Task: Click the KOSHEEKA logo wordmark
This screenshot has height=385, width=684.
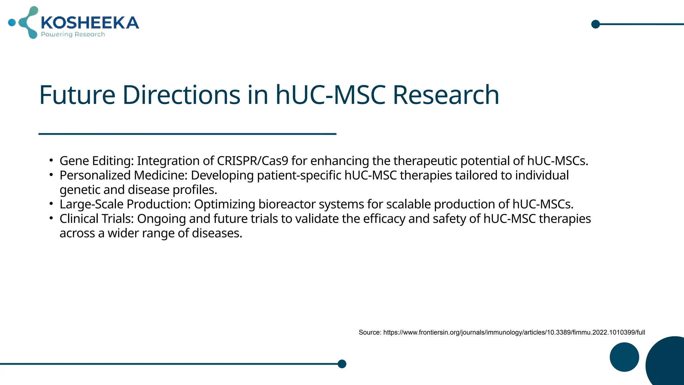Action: tap(90, 23)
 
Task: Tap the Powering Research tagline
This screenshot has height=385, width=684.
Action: tap(73, 34)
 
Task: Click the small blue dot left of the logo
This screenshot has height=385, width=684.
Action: tap(12, 23)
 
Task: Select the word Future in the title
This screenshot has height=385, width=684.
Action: tap(77, 95)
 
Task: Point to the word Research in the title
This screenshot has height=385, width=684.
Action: tap(446, 95)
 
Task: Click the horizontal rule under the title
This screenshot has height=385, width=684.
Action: tap(187, 134)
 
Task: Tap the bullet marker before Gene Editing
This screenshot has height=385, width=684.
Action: tap(51, 160)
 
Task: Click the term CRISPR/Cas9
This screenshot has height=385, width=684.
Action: tap(252, 161)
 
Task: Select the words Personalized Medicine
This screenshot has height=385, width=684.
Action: tap(123, 175)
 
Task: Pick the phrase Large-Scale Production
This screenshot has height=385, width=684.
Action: tap(125, 204)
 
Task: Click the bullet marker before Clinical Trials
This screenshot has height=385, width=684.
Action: tap(51, 218)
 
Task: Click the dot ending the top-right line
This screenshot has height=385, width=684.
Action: tap(595, 24)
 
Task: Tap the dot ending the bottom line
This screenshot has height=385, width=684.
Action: tap(342, 364)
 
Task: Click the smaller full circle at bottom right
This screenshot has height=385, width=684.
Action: tap(624, 357)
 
